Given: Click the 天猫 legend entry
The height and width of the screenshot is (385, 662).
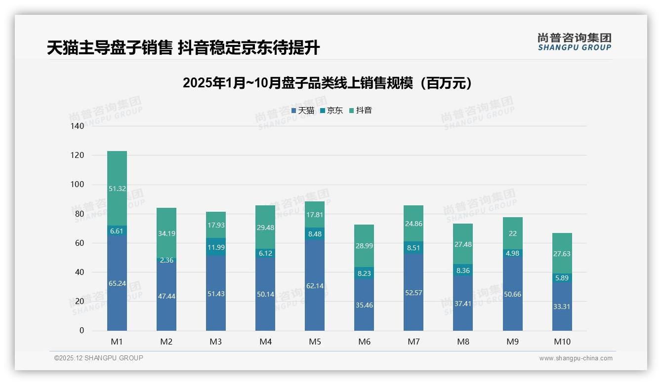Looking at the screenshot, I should click(x=303, y=111).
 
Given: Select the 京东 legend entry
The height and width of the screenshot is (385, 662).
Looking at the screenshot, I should click(x=331, y=111).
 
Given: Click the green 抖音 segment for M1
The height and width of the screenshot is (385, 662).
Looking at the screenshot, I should click(x=117, y=189).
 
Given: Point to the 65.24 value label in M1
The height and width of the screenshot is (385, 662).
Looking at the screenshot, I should click(x=117, y=283).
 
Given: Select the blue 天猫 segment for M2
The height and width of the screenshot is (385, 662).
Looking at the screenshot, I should click(x=166, y=296).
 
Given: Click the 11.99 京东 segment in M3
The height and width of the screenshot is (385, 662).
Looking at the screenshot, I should click(x=216, y=247).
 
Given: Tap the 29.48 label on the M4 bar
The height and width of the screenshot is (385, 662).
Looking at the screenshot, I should click(x=265, y=227).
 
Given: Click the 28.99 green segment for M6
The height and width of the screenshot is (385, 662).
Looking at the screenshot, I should click(x=364, y=246).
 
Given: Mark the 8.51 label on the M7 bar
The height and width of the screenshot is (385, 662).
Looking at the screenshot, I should click(x=414, y=248).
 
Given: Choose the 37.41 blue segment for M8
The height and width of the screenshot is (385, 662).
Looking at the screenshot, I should click(x=463, y=303).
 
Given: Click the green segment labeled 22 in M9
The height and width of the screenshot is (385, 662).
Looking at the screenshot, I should click(x=512, y=233).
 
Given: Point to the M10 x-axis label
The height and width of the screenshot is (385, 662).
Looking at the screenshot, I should click(x=562, y=342).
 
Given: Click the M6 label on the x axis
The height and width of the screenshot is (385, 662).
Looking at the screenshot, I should click(x=364, y=342).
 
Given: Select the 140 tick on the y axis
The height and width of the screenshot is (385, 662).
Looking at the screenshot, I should click(x=78, y=126).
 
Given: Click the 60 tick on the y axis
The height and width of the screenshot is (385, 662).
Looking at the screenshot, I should click(x=80, y=243).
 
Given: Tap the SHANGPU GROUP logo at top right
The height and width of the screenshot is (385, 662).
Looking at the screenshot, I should click(x=574, y=42).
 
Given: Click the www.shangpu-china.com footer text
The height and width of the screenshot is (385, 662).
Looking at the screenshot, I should click(x=576, y=358).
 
